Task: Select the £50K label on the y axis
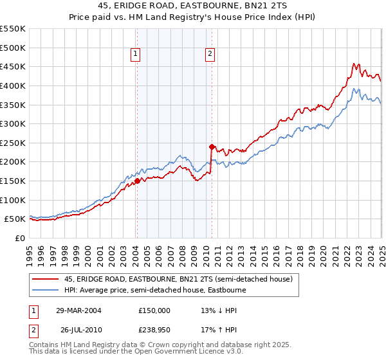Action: pyautogui.click(x=17, y=219)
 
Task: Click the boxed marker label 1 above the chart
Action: pyautogui.click(x=136, y=55)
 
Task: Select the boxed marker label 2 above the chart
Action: pyautogui.click(x=210, y=55)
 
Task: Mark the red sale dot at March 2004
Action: pyautogui.click(x=137, y=181)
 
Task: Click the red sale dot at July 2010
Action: pyautogui.click(x=211, y=147)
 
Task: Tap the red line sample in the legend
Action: pyautogui.click(x=45, y=280)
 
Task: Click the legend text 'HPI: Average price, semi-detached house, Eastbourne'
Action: pyautogui.click(x=156, y=291)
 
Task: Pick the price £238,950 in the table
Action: pyautogui.click(x=154, y=330)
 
